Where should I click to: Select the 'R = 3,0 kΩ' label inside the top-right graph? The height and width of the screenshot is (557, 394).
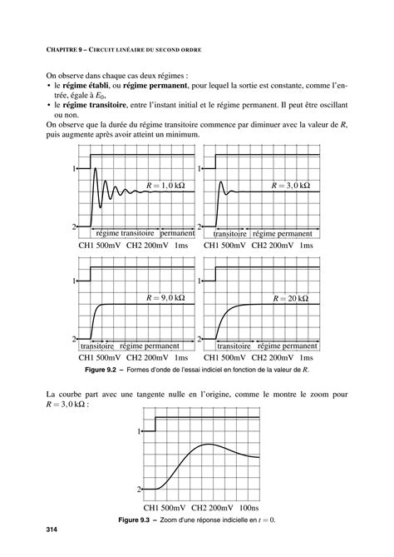(291, 185)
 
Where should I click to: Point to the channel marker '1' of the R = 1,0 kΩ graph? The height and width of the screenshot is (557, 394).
(75, 168)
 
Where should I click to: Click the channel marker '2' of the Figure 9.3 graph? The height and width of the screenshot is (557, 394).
(140, 490)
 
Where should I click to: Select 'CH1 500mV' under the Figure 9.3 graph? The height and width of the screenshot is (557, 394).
(164, 507)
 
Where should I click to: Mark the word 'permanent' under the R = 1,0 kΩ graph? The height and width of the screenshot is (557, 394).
(177, 234)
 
